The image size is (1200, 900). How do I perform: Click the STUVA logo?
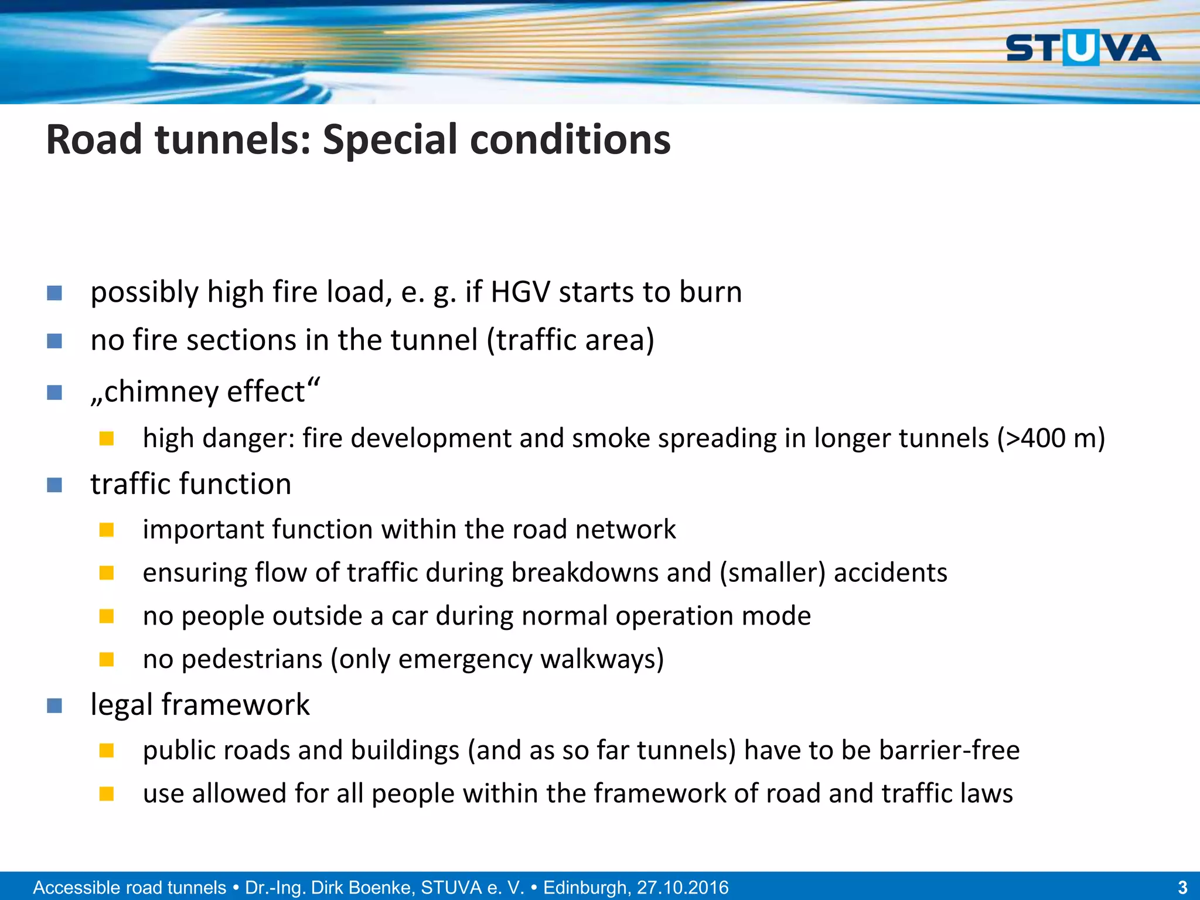pos(1083,47)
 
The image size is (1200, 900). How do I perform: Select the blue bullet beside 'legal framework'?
pos(54,705)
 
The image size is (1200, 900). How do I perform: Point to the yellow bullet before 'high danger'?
pos(106,438)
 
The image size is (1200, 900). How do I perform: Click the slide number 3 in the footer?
pos(1182,887)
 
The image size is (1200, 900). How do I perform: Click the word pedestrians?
pos(252,659)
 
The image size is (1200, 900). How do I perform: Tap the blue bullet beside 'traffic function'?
pos(54,485)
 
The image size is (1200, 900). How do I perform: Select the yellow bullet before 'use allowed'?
pos(106,794)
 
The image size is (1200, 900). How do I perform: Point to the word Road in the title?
pos(94,141)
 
